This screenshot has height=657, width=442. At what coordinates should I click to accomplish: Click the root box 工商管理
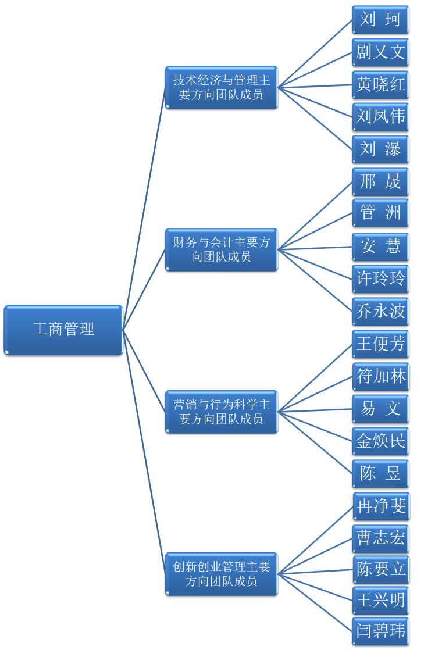(x=63, y=330)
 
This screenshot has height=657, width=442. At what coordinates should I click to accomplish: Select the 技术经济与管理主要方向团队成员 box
(x=221, y=87)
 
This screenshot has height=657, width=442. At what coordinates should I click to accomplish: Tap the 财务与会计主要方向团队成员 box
(x=221, y=249)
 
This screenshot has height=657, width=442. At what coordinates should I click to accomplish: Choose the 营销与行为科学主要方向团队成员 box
(x=221, y=412)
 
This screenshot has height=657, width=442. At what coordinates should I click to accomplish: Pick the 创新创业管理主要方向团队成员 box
(x=221, y=574)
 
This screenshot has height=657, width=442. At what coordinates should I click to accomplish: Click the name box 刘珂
(x=380, y=20)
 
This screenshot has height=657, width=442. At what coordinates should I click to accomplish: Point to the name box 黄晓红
(x=380, y=85)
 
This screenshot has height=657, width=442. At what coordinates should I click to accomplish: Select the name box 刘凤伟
(x=380, y=117)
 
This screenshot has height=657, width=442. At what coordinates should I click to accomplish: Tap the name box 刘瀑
(x=380, y=149)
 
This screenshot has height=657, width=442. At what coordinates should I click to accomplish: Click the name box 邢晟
(x=380, y=182)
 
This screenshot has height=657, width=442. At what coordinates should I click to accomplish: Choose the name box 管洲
(x=380, y=213)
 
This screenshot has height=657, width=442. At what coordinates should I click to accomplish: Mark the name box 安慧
(x=380, y=247)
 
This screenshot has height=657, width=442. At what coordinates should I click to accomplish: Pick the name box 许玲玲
(x=380, y=278)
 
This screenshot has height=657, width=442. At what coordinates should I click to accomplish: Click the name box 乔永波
(x=380, y=311)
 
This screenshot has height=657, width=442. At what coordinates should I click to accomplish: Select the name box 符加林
(x=380, y=377)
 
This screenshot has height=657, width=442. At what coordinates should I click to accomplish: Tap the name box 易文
(x=380, y=409)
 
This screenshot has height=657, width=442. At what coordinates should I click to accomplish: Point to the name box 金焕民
(x=380, y=441)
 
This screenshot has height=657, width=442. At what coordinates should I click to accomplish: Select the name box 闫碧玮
(x=380, y=631)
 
